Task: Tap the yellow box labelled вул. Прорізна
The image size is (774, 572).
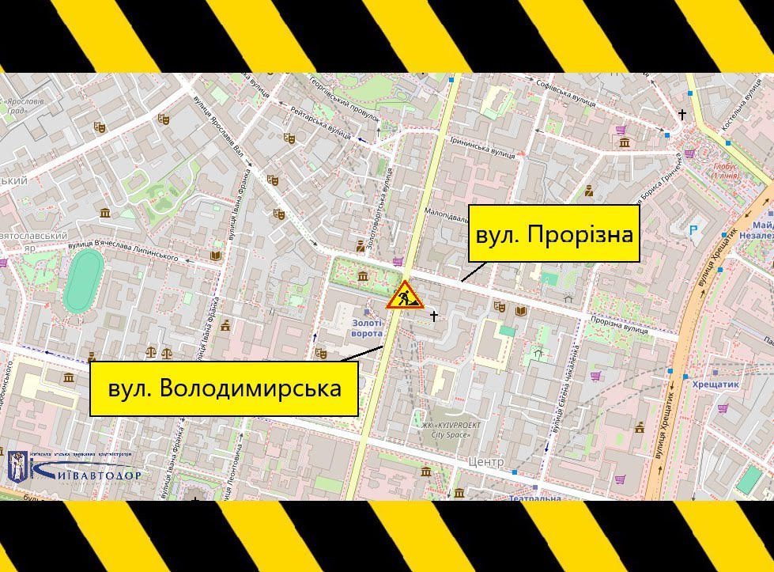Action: pyautogui.click(x=553, y=234)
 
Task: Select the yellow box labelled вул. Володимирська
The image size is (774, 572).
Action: pyautogui.click(x=225, y=388)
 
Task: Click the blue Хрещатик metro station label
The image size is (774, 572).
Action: pyautogui.click(x=715, y=384)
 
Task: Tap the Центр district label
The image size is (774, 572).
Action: pyautogui.click(x=485, y=461)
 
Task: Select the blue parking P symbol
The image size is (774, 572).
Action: pyautogui.click(x=694, y=229)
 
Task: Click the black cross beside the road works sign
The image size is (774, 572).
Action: pyautogui.click(x=432, y=316)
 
